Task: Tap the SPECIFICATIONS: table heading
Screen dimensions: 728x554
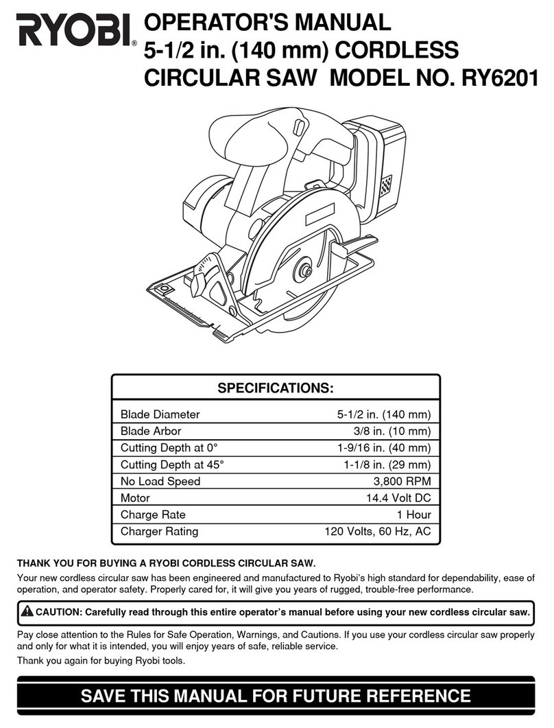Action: [x=276, y=389]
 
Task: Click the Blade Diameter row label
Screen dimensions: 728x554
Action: [x=160, y=414]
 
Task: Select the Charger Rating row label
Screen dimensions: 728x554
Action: [x=159, y=531]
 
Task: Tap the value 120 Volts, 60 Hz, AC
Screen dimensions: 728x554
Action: [x=377, y=531]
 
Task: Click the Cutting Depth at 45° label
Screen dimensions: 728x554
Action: [x=172, y=465]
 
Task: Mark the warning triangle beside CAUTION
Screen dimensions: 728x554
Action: [x=27, y=611]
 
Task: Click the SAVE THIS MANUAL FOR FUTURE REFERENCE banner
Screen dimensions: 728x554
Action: [x=276, y=696]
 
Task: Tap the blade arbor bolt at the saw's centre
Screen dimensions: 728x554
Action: [x=300, y=272]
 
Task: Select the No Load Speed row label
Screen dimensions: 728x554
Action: [x=160, y=481]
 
